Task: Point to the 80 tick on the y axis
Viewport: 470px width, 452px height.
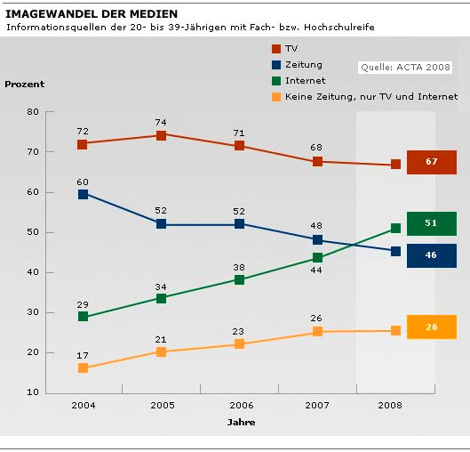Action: (x=33, y=112)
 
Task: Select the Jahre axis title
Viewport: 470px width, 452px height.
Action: (x=240, y=421)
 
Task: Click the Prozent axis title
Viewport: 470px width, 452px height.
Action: (x=24, y=85)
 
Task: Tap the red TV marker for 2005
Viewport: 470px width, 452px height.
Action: (x=161, y=135)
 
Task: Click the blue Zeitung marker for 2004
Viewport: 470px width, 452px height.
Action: (x=83, y=193)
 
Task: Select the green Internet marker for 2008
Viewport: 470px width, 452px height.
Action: (x=395, y=229)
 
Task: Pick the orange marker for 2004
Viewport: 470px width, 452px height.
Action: (x=83, y=367)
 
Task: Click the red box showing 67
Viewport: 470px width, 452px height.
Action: (x=431, y=162)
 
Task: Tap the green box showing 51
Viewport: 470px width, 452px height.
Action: (x=431, y=223)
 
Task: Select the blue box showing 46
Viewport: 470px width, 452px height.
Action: (x=431, y=255)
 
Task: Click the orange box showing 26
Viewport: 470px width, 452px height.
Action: (x=431, y=327)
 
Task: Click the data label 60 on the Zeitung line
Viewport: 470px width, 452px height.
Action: (x=83, y=181)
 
